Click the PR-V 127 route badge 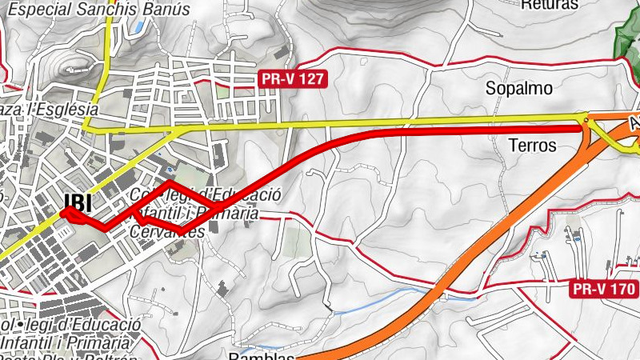click(293, 78)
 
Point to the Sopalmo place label click(519, 89)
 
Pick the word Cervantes click(166, 230)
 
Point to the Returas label click(549, 5)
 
